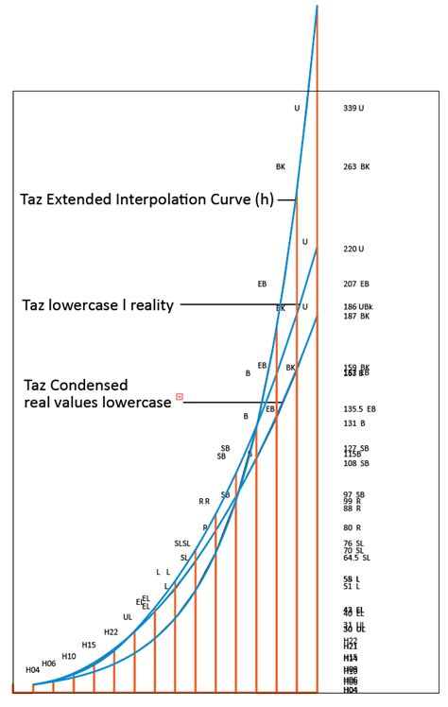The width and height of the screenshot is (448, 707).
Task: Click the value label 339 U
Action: tap(353, 109)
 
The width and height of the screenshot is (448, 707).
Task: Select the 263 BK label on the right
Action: tap(356, 167)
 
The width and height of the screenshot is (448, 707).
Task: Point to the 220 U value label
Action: tap(353, 249)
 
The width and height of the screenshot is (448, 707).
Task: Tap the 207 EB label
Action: tap(356, 284)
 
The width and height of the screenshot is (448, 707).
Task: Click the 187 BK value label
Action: tap(356, 317)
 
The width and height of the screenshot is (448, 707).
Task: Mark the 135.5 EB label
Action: tap(359, 409)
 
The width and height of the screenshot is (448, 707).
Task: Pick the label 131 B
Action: tap(353, 423)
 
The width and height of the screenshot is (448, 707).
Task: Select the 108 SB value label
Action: tap(355, 464)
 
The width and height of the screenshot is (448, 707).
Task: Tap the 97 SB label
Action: tap(353, 494)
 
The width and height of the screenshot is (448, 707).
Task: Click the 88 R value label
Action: tap(352, 509)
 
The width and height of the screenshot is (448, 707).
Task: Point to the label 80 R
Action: tap(352, 527)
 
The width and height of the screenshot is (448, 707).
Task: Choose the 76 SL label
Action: tap(353, 543)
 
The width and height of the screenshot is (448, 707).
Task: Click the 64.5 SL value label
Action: tap(356, 558)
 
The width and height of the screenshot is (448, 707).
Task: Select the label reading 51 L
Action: tap(351, 586)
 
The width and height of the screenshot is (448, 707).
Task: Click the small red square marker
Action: tap(179, 396)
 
